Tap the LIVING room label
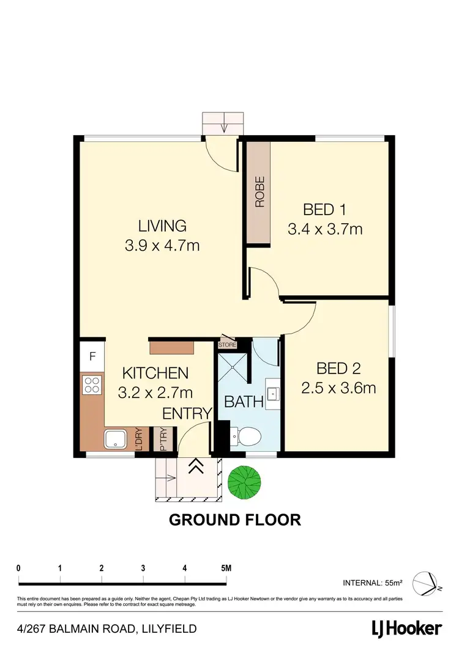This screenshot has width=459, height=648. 162,226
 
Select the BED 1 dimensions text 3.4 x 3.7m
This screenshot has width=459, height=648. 325,229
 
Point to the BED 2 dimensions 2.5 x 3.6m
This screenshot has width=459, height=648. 338,388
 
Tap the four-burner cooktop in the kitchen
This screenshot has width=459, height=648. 92,385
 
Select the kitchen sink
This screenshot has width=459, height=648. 116,439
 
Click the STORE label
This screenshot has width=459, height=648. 228,345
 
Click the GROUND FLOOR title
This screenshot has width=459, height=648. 234,520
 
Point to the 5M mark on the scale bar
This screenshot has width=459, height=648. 226,568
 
